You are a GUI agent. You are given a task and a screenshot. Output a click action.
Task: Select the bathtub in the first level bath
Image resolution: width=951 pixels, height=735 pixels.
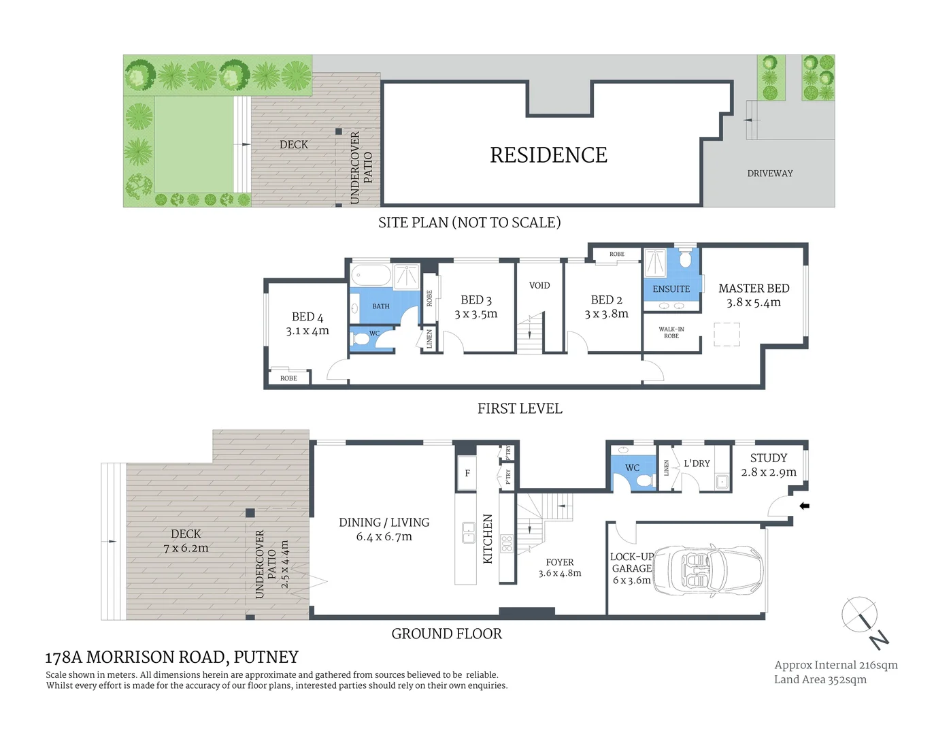click(371, 276)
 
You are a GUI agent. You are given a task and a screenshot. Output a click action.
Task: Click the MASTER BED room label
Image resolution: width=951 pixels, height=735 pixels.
click(754, 288)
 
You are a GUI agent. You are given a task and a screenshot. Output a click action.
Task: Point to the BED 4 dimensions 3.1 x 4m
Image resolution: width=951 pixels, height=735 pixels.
click(307, 331)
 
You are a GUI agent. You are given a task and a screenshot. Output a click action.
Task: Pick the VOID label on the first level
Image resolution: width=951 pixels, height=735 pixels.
click(539, 285)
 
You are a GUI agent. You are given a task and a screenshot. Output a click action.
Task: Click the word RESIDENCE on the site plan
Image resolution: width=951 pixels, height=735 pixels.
click(548, 155)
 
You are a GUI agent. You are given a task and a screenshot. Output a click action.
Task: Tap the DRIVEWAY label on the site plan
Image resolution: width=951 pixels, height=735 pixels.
click(770, 174)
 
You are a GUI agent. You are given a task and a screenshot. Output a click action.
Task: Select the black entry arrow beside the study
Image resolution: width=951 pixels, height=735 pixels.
click(804, 506)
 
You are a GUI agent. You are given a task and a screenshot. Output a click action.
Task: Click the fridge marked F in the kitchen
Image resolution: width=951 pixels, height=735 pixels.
click(467, 473)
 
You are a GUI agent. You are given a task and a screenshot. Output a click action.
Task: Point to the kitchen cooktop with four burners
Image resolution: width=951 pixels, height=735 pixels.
click(507, 543)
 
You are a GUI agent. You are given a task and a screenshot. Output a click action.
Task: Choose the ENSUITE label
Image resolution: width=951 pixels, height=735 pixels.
click(671, 289)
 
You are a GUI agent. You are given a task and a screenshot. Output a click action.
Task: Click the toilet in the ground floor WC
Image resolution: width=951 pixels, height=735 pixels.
click(645, 480)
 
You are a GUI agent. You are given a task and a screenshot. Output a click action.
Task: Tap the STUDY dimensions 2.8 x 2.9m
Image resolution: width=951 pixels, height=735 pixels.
click(769, 472)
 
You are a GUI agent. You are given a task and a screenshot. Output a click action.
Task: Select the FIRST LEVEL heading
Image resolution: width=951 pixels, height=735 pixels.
click(520, 408)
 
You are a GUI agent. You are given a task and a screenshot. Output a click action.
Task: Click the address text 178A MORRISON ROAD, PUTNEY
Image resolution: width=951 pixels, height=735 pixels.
click(171, 657)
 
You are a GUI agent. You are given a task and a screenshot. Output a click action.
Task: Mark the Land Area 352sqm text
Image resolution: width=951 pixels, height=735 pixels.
click(820, 679)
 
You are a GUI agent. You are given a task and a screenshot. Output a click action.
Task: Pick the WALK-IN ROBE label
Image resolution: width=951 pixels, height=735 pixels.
click(671, 333)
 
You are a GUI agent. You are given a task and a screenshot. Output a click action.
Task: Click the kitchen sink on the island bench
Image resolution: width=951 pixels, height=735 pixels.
click(469, 532)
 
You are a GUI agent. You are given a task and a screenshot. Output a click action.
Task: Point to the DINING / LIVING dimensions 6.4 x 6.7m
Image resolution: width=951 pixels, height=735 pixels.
click(384, 537)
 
